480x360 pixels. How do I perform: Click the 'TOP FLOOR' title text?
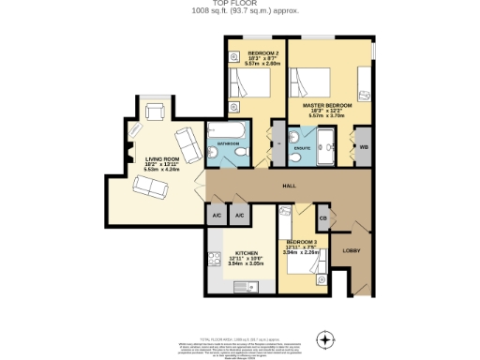click(239, 5)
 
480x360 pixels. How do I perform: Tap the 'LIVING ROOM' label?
click(156, 160)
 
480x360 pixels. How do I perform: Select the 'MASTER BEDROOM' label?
click(326, 106)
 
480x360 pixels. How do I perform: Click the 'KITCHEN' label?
click(246, 253)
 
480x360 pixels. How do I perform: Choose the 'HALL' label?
click(290, 187)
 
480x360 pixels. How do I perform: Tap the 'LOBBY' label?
click(351, 250)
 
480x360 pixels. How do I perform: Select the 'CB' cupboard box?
click(323, 218)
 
